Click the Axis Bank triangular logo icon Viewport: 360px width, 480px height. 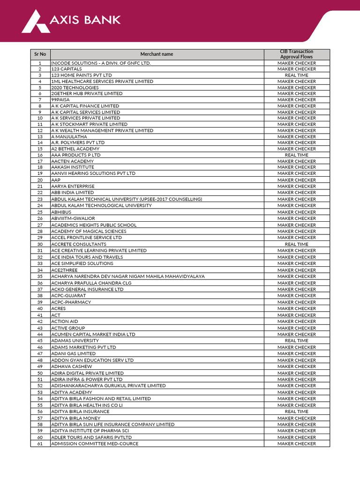[x=36, y=22]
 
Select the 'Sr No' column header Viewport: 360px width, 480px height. [x=40, y=54]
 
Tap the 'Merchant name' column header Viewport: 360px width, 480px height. [x=157, y=54]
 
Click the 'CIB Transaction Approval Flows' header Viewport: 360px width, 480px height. [x=296, y=54]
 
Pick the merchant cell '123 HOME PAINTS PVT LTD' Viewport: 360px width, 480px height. [x=82, y=75]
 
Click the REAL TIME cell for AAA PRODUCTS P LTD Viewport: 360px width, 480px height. [x=296, y=155]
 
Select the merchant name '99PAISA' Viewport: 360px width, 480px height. [x=60, y=100]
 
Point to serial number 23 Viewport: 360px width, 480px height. [x=40, y=199]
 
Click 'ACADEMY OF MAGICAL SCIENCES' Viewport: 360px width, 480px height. [x=89, y=231]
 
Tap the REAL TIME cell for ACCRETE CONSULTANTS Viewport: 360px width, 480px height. [x=296, y=244]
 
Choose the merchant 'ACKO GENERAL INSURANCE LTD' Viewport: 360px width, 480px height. [x=87, y=289]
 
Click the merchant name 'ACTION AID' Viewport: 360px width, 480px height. [x=65, y=322]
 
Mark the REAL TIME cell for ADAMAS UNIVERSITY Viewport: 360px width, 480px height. [x=296, y=341]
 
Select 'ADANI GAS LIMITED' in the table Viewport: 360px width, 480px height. [x=73, y=353]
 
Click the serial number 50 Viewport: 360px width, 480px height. [x=40, y=373]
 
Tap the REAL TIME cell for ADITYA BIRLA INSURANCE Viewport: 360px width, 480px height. [x=296, y=412]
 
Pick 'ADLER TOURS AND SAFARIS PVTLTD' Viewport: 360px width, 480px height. [x=90, y=437]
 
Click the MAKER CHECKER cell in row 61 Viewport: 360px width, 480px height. [x=296, y=443]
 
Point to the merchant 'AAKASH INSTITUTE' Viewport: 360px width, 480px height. [x=73, y=167]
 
